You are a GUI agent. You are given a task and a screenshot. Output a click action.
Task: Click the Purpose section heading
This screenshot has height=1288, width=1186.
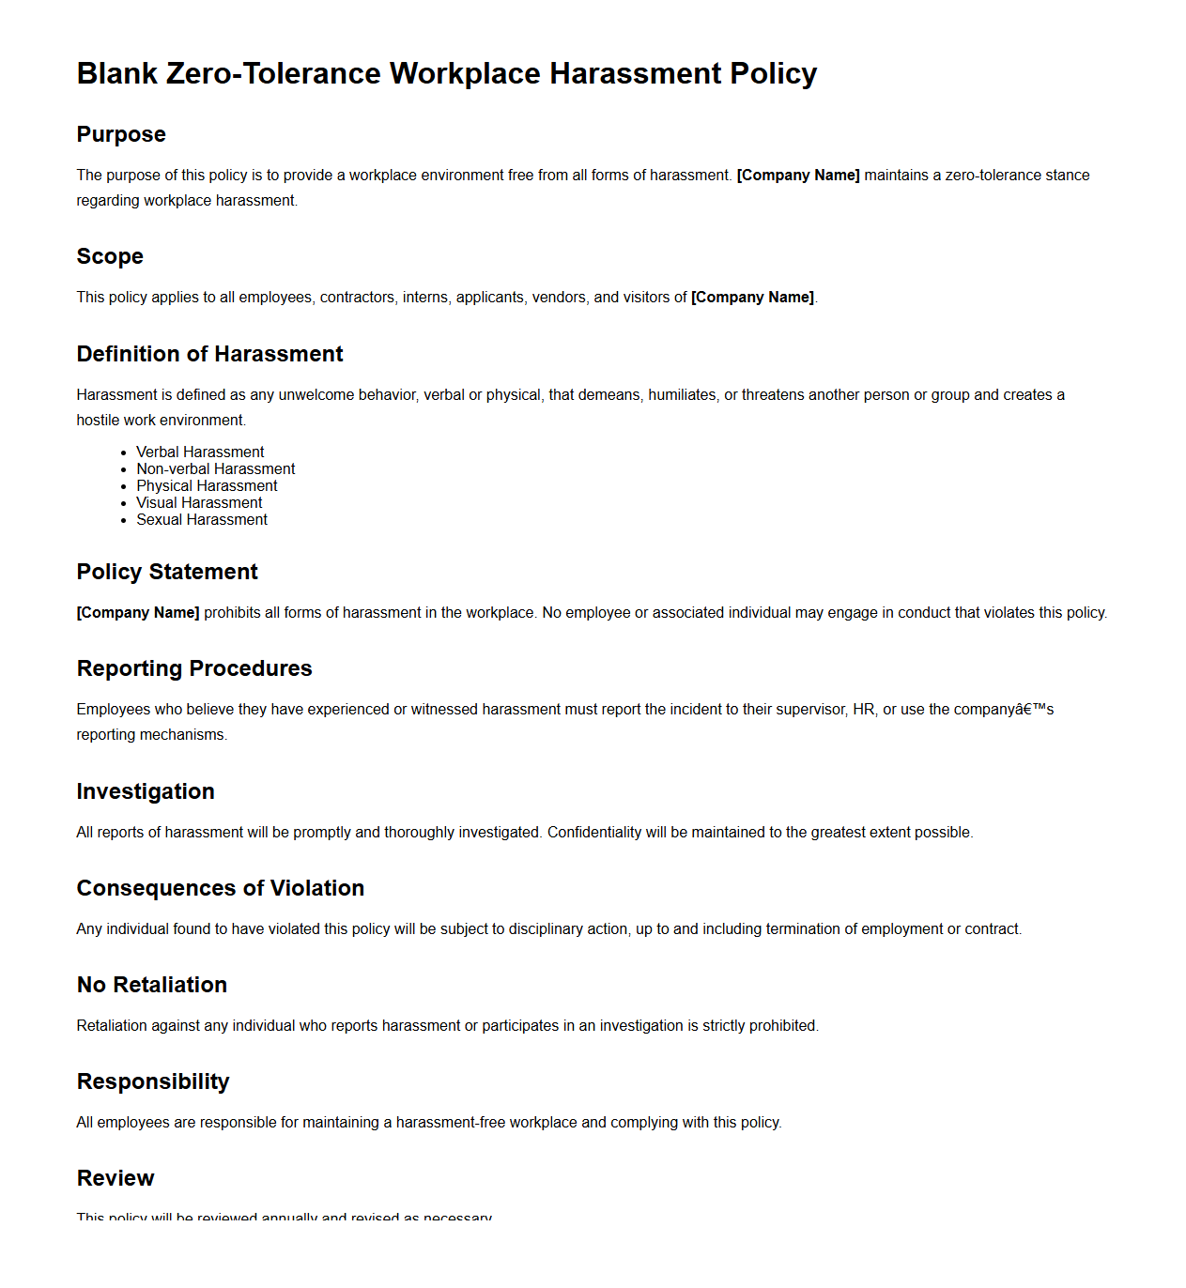[121, 134]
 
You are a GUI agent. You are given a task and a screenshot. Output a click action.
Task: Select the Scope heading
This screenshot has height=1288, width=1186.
[110, 256]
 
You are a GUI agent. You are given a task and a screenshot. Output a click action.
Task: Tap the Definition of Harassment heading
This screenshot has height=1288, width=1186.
[209, 354]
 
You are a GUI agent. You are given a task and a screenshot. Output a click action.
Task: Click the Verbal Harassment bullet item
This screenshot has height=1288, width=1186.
[200, 452]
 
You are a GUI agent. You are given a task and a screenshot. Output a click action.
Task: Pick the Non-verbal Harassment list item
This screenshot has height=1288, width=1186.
[215, 468]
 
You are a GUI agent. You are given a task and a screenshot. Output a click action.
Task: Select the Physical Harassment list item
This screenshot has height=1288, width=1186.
[207, 485]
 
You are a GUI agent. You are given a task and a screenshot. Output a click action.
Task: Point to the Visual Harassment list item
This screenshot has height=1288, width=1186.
[199, 502]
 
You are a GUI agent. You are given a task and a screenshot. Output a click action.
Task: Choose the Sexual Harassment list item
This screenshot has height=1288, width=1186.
[202, 519]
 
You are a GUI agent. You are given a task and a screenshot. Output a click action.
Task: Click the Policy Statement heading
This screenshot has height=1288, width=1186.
[167, 572]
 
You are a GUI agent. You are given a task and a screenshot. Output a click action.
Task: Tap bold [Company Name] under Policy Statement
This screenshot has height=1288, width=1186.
[138, 612]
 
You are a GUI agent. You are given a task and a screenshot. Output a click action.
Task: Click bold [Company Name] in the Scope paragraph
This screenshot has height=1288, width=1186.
[752, 297]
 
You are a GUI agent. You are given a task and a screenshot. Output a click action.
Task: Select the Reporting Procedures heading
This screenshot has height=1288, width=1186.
[194, 668]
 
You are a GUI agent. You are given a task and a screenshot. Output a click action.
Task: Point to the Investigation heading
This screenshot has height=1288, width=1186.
[146, 791]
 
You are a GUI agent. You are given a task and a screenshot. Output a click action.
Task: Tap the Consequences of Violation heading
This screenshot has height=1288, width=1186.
[221, 888]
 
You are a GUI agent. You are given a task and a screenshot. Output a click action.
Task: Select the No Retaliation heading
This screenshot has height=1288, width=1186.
[152, 985]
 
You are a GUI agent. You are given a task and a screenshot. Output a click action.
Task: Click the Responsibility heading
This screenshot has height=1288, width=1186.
[153, 1081]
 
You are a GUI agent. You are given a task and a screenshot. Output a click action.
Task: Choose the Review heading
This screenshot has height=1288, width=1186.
[116, 1178]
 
